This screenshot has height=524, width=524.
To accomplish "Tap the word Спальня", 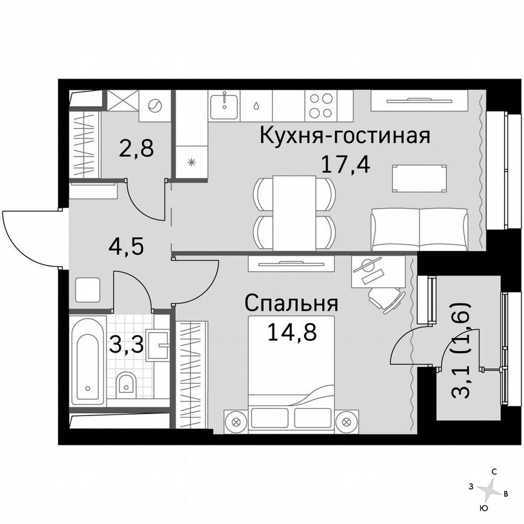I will [x=291, y=303].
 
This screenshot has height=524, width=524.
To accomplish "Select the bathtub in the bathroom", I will [x=89, y=360].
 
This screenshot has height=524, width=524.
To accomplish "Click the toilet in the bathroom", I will [x=126, y=383].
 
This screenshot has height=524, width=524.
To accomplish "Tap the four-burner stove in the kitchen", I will [x=320, y=106].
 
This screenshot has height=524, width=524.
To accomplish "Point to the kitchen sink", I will [x=224, y=105].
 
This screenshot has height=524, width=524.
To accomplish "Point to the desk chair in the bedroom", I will [x=388, y=298].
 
